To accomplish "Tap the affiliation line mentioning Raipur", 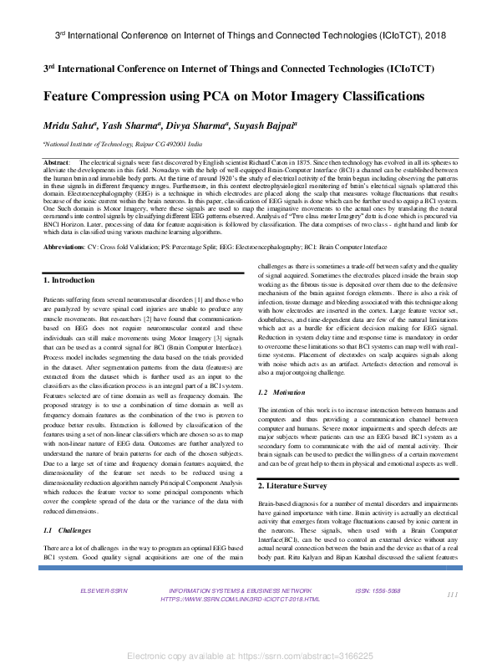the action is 122,144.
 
